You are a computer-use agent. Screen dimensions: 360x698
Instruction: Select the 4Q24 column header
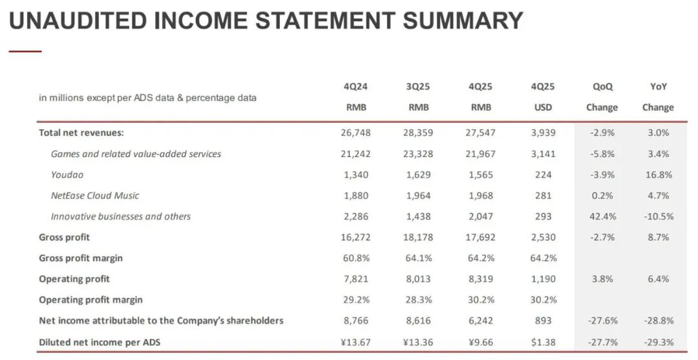356,87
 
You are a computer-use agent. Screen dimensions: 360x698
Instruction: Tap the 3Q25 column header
419,87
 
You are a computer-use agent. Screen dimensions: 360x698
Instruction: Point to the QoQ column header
602,87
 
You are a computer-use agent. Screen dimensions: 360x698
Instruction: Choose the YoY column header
658,87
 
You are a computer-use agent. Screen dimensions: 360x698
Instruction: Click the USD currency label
542,107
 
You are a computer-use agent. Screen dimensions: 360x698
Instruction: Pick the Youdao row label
67,174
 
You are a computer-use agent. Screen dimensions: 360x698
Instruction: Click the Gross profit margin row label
80,258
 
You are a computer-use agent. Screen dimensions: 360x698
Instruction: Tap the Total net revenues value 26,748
356,133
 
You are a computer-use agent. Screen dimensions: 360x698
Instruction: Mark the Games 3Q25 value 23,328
419,153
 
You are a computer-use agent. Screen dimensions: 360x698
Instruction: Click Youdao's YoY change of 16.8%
658,174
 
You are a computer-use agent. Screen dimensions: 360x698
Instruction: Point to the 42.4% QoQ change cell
602,216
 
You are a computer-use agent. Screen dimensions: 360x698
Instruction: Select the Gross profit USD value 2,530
542,237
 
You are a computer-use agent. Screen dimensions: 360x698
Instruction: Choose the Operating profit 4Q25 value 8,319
481,279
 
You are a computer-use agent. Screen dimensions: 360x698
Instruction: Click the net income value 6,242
481,321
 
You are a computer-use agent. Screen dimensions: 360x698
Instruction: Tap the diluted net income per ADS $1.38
542,342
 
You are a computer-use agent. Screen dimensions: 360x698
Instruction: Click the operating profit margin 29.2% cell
356,300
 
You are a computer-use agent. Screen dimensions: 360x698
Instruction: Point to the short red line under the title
25,51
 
